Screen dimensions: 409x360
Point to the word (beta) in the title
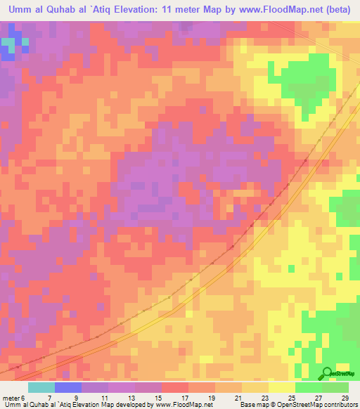click(339, 8)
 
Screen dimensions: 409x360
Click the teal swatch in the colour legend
click(41, 388)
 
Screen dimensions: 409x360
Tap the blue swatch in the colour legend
click(67, 388)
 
